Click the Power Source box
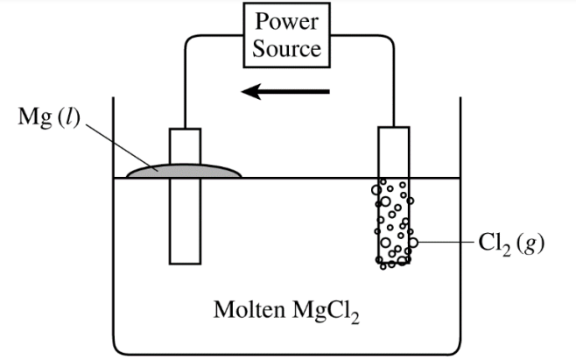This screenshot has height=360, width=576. point(287,36)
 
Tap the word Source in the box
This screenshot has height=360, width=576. point(287,48)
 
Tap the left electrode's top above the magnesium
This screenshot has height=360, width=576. point(185,145)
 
